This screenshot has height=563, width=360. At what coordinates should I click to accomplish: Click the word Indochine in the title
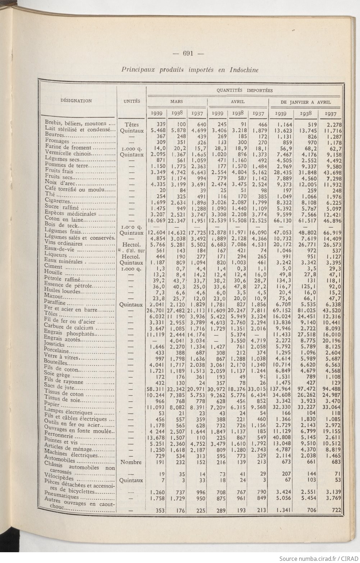(243, 70)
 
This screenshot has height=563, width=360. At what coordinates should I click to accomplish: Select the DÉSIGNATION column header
(76, 101)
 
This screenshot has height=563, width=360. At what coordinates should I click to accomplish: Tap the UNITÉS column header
(132, 101)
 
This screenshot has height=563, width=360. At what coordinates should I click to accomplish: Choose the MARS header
(176, 102)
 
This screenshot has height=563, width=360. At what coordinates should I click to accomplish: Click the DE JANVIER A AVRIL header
(305, 102)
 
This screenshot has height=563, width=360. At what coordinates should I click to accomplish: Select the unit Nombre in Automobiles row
(131, 462)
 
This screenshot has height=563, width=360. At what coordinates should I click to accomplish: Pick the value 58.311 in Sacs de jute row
(156, 389)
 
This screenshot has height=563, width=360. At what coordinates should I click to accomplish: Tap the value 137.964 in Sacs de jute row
(281, 389)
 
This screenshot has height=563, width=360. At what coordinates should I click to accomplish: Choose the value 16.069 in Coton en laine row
(156, 220)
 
